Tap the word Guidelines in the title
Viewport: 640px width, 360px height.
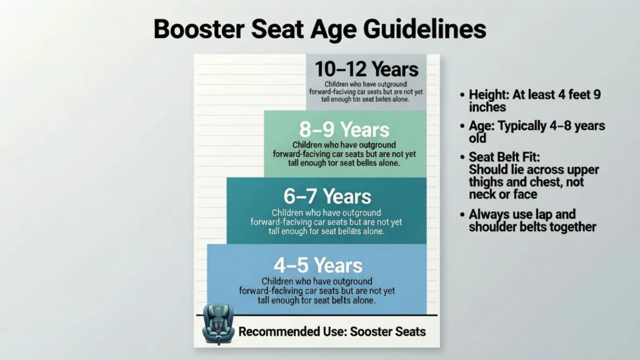425,29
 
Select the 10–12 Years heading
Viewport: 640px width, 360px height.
366,69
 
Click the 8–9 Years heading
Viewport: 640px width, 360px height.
344,129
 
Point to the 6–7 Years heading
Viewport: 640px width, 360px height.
327,196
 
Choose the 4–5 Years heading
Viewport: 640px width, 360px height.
317,265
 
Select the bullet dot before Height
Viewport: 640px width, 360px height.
463,95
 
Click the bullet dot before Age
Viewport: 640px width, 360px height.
463,126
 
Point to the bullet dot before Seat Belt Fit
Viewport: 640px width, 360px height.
463,157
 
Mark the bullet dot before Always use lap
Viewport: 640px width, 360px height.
463,214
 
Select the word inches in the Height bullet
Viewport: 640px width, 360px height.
487,107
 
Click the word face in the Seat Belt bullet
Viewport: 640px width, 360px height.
525,194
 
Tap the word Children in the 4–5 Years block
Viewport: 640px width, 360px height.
277,281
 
